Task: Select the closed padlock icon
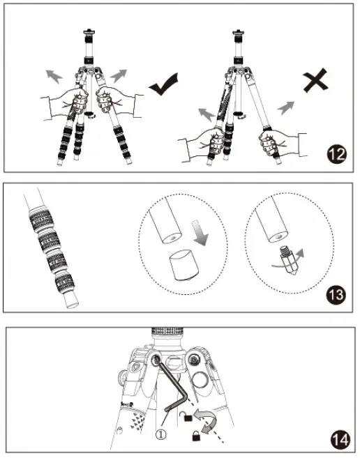tap(197, 436)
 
